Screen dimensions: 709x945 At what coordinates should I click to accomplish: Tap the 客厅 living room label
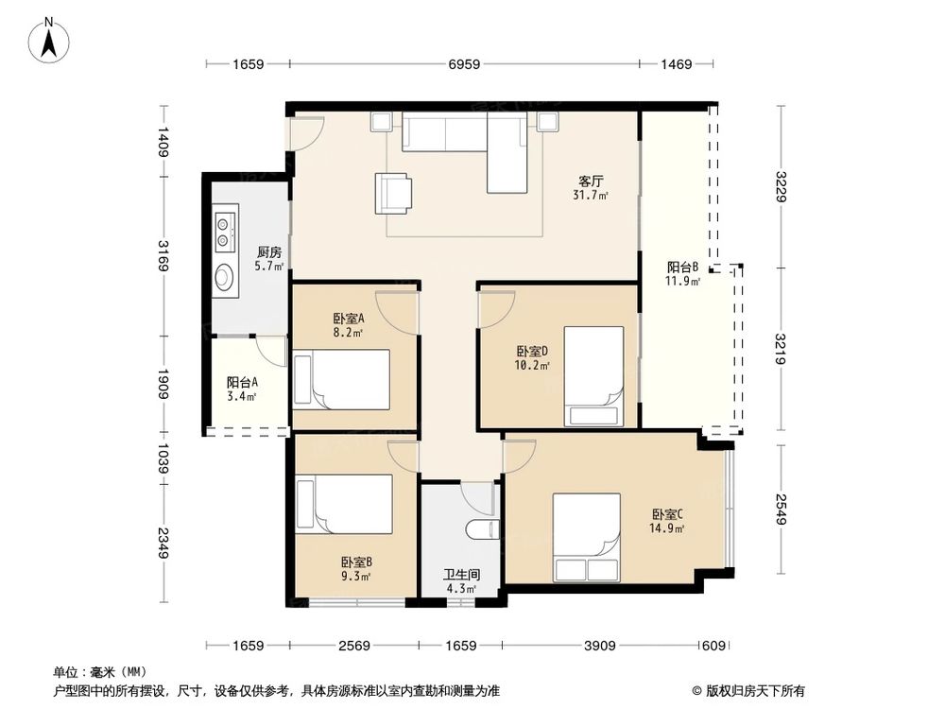[592, 182]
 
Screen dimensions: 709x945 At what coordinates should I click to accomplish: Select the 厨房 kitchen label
[269, 252]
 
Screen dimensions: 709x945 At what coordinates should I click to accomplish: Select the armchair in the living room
[393, 192]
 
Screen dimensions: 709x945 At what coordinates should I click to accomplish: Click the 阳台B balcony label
[682, 268]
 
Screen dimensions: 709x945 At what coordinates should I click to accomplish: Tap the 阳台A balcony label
[242, 383]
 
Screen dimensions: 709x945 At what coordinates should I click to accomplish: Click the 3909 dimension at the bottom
[599, 646]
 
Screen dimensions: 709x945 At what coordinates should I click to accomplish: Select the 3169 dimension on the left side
[163, 256]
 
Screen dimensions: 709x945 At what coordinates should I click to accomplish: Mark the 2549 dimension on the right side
[781, 511]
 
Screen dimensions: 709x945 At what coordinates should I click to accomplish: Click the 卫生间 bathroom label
[462, 574]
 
